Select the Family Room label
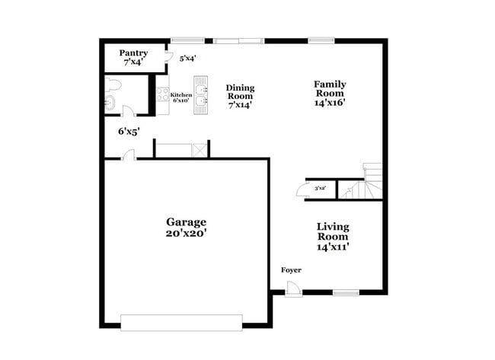click(x=331, y=94)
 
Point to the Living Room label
click(x=333, y=236)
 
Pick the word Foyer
click(x=291, y=270)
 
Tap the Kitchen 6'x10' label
click(x=180, y=97)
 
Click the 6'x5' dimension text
click(x=129, y=131)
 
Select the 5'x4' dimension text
click(x=187, y=57)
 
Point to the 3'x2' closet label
click(x=320, y=188)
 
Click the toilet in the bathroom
click(x=112, y=83)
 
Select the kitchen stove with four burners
click(x=162, y=95)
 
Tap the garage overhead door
click(x=182, y=323)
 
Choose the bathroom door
click(x=128, y=113)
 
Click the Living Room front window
click(x=346, y=292)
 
